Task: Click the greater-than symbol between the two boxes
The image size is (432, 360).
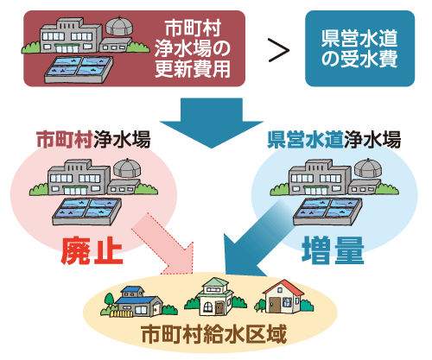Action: pyautogui.click(x=279, y=50)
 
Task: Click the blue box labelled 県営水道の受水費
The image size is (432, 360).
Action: pyautogui.click(x=359, y=48)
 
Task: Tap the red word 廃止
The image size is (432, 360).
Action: pyautogui.click(x=92, y=250)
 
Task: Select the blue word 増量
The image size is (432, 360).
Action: pyautogui.click(x=333, y=250)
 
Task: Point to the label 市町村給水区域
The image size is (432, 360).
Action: pyautogui.click(x=214, y=334)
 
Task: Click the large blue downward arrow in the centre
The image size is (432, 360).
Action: pyautogui.click(x=212, y=123)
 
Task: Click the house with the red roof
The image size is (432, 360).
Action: pyautogui.click(x=283, y=297)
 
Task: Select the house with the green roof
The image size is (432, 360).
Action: pyautogui.click(x=214, y=297)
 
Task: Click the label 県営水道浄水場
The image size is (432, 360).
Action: pyautogui.click(x=334, y=139)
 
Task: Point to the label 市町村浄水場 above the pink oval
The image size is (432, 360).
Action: pyautogui.click(x=93, y=139)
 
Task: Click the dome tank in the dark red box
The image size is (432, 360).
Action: pyautogui.click(x=118, y=26)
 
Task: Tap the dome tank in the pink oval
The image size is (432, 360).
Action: pyautogui.click(x=127, y=167)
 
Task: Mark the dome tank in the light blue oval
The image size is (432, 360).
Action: pyautogui.click(x=368, y=167)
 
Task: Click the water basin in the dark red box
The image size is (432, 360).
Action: pyautogui.click(x=79, y=70)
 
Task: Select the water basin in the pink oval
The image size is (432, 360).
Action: pyautogui.click(x=86, y=212)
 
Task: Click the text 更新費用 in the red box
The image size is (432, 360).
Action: pyautogui.click(x=193, y=69)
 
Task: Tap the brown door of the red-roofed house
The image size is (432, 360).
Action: pyautogui.click(x=275, y=305)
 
